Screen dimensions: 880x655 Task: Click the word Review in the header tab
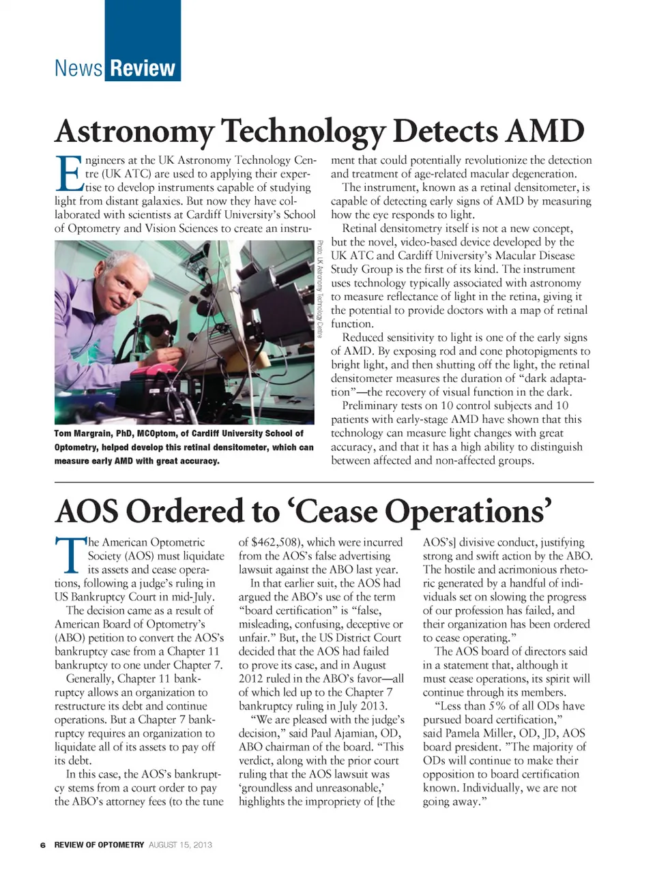click(143, 69)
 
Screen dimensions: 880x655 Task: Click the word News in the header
click(78, 69)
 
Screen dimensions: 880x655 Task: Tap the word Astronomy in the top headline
click(134, 132)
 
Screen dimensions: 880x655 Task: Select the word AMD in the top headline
click(545, 131)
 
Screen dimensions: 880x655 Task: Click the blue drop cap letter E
click(68, 174)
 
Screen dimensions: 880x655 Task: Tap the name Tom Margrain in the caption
click(83, 433)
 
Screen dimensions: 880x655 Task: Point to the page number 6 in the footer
click(42, 845)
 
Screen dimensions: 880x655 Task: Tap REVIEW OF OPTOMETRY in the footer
click(99, 845)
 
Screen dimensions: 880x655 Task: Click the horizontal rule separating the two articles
click(324, 482)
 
